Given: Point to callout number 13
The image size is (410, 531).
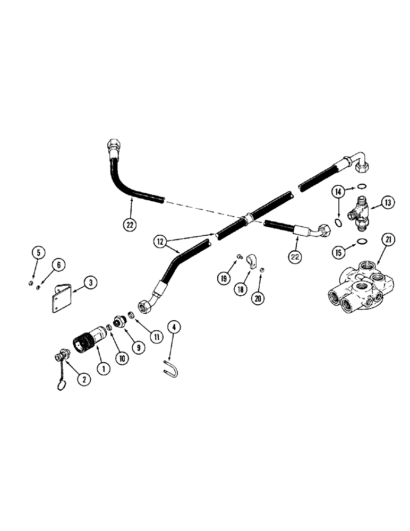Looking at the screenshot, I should click(x=387, y=202).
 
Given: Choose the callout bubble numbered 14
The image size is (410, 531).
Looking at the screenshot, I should click(x=339, y=191).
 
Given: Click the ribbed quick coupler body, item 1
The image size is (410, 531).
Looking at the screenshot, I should click(x=87, y=340).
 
